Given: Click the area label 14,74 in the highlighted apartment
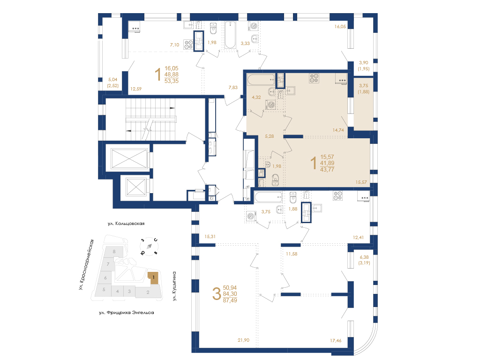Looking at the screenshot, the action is tap(338, 130).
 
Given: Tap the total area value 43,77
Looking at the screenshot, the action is tap(327, 170).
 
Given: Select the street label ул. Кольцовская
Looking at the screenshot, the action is tap(126, 224).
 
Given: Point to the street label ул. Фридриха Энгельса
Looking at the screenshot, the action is tap(127, 313).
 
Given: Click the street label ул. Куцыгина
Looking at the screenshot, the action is tap(174, 286).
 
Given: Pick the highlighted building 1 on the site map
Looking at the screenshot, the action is tap(154, 277).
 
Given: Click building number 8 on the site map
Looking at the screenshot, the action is tap(114, 252).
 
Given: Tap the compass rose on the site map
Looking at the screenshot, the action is tap(149, 246).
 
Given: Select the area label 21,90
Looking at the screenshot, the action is tap(243, 340).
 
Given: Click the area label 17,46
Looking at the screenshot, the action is tap(336, 340).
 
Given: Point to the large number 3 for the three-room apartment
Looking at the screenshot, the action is tap(217, 294).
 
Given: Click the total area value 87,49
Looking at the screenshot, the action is tap(230, 300).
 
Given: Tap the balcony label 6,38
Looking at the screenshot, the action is tap(364, 257).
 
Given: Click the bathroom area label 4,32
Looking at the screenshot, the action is tap(256, 97).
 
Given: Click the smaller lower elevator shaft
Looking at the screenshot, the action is tap(135, 187).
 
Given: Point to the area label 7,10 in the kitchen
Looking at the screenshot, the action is tap(174, 45).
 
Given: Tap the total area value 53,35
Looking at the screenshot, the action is tap(172, 81).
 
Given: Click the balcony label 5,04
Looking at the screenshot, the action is tap(112, 80).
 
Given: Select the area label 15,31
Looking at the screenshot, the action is tap(210, 237).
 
